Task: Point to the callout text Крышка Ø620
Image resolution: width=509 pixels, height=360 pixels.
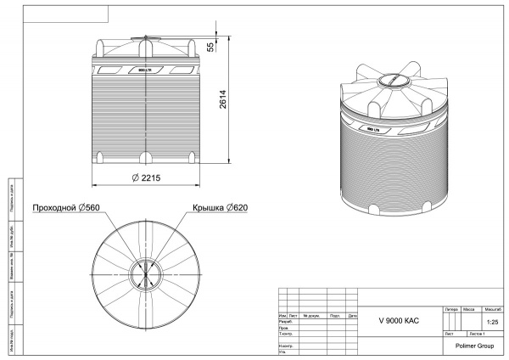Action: coord(220,207)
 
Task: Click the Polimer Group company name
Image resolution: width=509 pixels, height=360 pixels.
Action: coord(475,346)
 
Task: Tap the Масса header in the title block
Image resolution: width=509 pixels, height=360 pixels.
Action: coord(468,310)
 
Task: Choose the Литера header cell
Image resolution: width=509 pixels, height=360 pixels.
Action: coord(450,310)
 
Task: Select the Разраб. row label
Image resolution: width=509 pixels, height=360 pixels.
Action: coord(286,322)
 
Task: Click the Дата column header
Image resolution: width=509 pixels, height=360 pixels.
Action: coord(353,316)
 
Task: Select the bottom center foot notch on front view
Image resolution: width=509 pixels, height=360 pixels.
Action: coord(148,157)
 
